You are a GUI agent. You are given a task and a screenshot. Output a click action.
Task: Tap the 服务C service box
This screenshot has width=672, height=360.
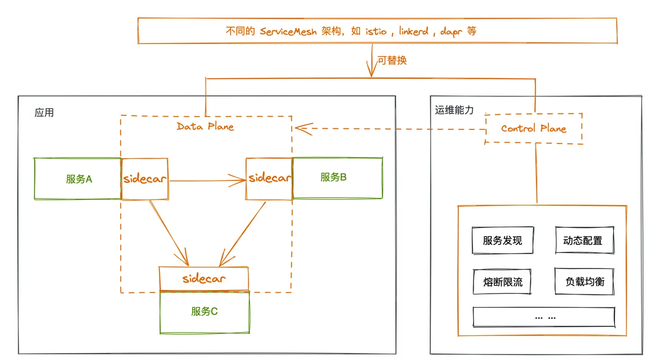204,312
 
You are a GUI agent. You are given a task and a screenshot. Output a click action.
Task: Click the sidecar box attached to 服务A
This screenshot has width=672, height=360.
145,179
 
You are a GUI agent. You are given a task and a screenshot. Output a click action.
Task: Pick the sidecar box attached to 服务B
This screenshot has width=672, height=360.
269,179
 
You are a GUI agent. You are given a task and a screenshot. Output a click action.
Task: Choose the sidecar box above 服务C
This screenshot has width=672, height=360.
204,278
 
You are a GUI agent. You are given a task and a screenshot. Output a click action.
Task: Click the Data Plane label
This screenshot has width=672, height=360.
205,126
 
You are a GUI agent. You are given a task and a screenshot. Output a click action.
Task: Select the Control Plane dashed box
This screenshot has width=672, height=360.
533,128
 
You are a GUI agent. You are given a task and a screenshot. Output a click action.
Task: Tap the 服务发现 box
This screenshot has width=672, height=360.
502,241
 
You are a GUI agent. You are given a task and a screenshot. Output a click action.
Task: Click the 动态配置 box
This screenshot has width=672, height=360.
584,241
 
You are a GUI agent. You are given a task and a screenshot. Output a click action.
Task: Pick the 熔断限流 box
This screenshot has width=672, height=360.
502,282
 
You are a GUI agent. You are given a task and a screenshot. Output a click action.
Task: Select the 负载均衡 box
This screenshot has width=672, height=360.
585,282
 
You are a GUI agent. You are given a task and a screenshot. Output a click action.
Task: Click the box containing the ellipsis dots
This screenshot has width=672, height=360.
544,318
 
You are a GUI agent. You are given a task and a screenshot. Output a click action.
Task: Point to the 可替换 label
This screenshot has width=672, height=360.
392,61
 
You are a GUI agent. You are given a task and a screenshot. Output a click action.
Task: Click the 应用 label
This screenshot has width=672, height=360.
44,113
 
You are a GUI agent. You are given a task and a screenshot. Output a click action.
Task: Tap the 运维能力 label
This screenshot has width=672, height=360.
454,111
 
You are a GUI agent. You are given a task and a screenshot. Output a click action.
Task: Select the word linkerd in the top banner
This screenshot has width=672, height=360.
414,32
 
